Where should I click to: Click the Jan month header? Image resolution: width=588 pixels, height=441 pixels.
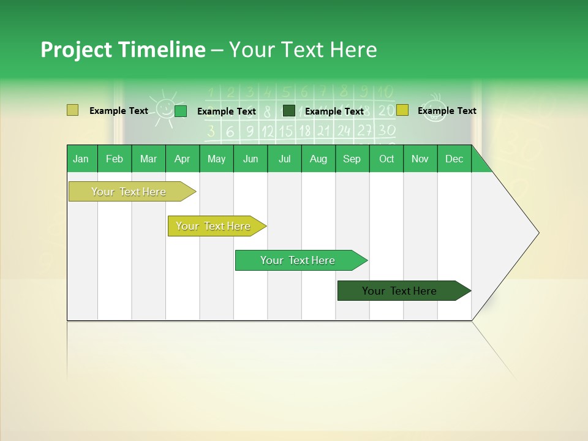coord(81,159)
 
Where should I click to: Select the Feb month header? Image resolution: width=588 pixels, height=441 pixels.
coord(115,159)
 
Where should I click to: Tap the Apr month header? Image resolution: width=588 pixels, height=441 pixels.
coord(182,159)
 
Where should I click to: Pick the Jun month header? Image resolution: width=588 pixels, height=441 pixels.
coord(251,159)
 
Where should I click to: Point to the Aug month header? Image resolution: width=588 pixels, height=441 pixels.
coord(318,159)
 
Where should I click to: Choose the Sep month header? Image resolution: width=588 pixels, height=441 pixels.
coord(352,159)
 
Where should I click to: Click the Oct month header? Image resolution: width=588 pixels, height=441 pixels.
coord(386,159)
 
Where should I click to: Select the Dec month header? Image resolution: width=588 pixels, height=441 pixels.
coord(454,159)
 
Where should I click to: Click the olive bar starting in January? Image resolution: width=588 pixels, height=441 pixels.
coord(129,192)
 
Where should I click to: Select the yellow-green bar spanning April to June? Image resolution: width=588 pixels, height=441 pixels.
coord(213,226)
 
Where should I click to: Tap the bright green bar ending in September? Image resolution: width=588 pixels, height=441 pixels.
coord(298,260)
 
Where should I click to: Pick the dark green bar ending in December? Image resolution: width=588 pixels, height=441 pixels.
coord(399,291)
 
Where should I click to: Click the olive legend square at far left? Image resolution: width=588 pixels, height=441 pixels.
coord(72,110)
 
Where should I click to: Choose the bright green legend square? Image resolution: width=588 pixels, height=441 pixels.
coord(181,111)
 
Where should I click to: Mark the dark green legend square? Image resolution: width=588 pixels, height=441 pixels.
coord(289,110)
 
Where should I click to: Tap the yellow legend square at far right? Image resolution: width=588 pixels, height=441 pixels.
coord(402,110)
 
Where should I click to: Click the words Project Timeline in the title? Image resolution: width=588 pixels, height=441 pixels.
coord(123,50)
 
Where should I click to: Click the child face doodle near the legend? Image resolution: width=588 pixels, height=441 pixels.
coord(434,109)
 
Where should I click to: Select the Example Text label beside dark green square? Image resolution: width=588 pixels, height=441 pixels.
coord(334,111)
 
